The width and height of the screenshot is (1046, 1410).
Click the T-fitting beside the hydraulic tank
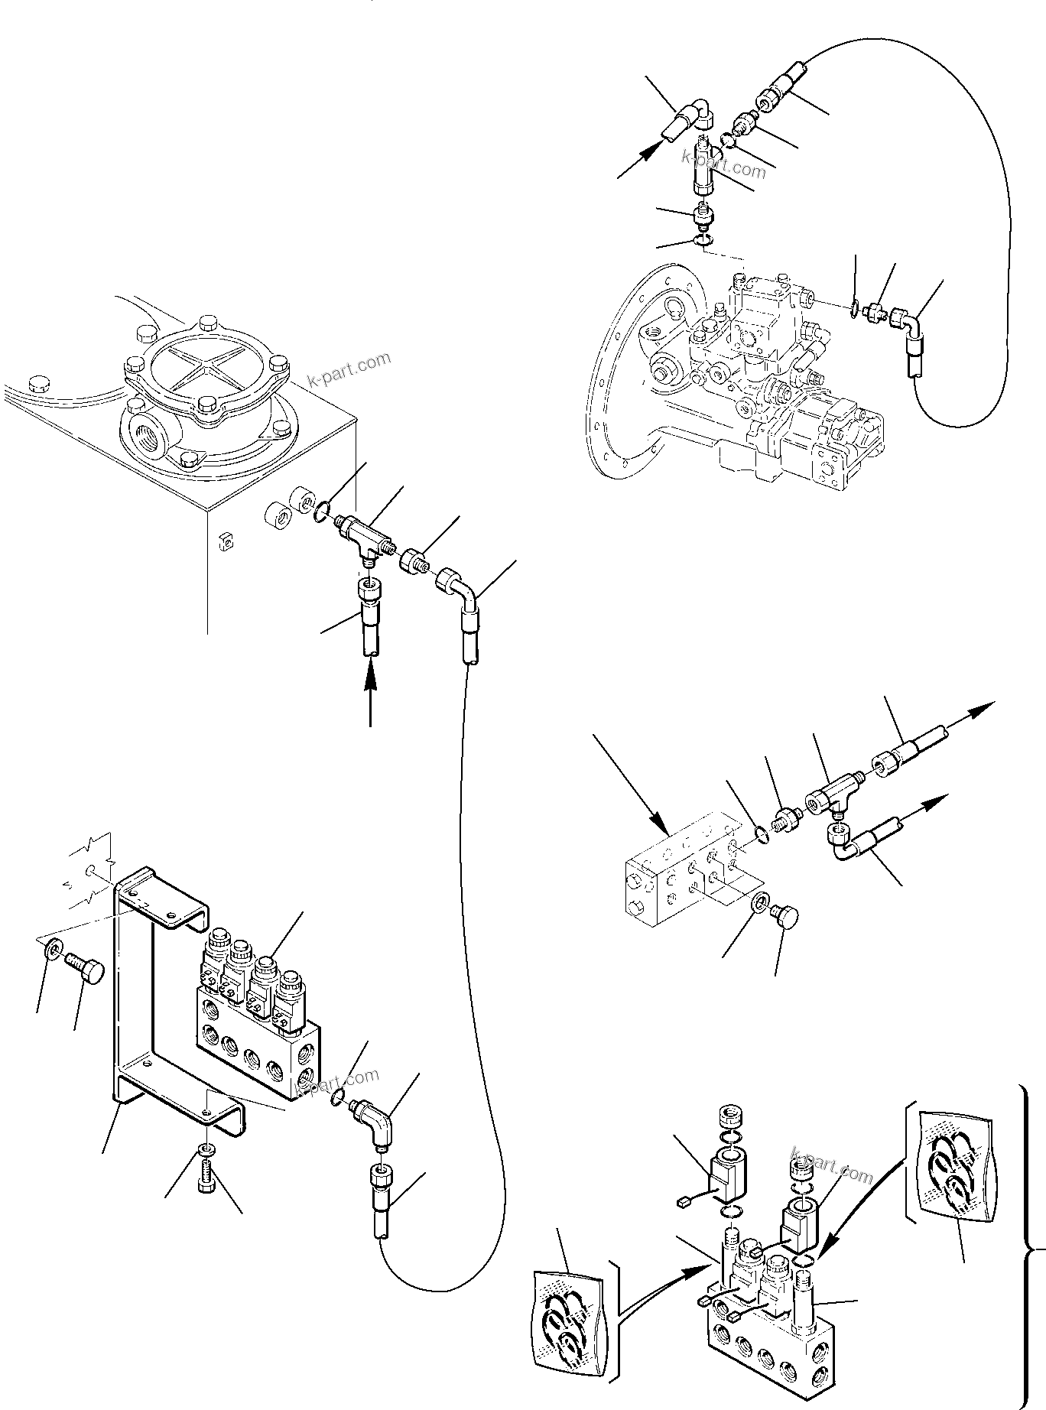pos(361,534)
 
